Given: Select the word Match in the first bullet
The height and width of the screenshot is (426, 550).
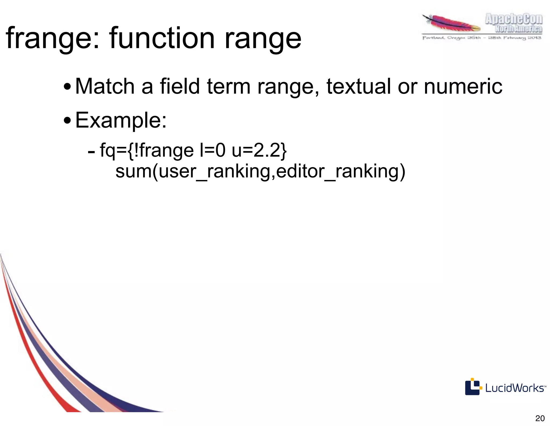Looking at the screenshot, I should pyautogui.click(x=105, y=86).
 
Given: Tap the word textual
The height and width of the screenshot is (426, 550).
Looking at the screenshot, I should pyautogui.click(x=359, y=86).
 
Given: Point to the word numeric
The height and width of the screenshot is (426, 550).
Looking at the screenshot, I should pyautogui.click(x=463, y=86).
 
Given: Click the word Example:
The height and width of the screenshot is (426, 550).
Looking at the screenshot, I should pyautogui.click(x=121, y=120).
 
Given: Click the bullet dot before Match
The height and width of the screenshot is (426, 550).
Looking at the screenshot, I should pyautogui.click(x=67, y=87).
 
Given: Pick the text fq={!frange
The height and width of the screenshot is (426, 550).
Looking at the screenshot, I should pyautogui.click(x=147, y=151).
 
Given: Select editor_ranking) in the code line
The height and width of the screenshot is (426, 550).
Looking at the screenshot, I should pyautogui.click(x=341, y=172).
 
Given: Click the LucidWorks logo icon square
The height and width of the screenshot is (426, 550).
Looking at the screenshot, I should pyautogui.click(x=472, y=387).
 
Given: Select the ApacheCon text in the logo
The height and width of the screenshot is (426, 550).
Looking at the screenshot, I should pyautogui.click(x=513, y=19).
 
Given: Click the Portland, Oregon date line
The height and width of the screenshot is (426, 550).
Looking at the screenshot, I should pyautogui.click(x=482, y=38).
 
